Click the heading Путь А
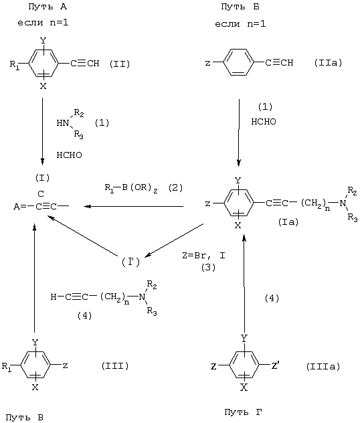coord(48,7)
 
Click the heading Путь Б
coord(240,7)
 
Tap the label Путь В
coord(24,418)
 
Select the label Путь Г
coord(244,412)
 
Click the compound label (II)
coord(120,64)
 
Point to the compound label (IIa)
coord(328,63)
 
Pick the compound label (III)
coord(115,366)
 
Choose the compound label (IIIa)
coord(323,367)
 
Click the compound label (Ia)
coord(288,222)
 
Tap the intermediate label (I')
coord(130,262)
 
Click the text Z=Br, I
coord(203,255)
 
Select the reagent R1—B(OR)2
coord(131,188)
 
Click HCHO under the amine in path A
coord(69,155)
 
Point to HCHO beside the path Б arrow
coord(264,122)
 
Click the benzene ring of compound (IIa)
coord(238,63)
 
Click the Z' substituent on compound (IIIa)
coord(275,366)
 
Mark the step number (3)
coord(209,268)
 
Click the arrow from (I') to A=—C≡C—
coord(82,236)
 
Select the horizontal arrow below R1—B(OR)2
coord(134,207)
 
